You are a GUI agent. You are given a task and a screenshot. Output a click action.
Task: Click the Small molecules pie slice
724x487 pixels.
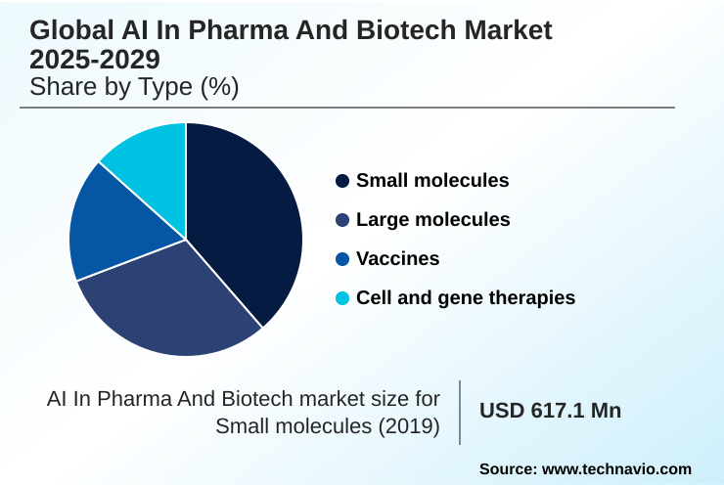coord(245,220)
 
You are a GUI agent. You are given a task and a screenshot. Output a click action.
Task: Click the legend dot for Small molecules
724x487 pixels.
coord(342,181)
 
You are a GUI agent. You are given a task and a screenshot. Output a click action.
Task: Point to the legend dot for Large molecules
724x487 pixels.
coord(342,220)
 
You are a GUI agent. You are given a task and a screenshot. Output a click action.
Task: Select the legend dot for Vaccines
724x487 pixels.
coord(342,259)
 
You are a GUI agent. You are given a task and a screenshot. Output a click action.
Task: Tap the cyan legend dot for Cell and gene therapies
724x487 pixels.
coord(342,297)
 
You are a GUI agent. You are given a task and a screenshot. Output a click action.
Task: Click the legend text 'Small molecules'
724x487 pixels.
coord(432,181)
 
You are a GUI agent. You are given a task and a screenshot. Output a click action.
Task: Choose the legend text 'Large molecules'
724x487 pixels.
coord(433,220)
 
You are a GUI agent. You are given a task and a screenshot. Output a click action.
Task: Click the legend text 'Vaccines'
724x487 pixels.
coord(398,259)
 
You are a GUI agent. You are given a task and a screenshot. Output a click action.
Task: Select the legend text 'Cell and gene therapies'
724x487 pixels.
coord(466,297)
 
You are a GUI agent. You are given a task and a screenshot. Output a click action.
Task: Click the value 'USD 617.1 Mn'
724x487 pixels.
coord(550,411)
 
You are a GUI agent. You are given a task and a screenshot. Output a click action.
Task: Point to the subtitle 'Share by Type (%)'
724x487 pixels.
coord(134,87)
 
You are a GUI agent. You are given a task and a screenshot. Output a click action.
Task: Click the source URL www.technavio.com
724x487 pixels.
coord(616,469)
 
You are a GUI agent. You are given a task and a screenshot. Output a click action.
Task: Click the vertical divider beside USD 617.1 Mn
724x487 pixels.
coord(460,412)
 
